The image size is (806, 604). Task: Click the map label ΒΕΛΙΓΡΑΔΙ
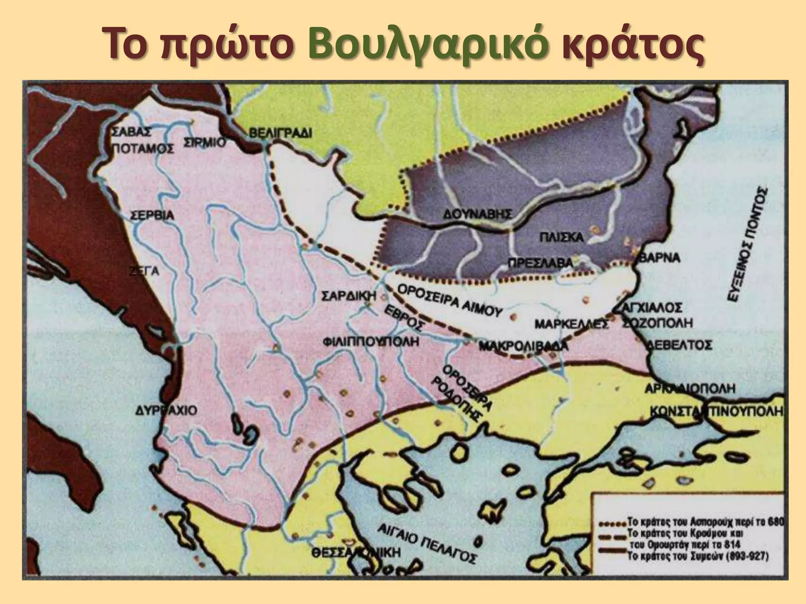tap(281, 133)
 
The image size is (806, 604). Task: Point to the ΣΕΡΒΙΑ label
tap(152, 216)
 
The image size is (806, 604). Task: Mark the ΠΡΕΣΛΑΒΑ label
tap(540, 263)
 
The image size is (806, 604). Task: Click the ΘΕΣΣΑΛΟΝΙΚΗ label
tap(357, 552)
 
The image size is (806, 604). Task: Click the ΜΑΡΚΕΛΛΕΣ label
tap(572, 324)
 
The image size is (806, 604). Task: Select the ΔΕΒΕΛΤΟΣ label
tap(679, 345)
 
